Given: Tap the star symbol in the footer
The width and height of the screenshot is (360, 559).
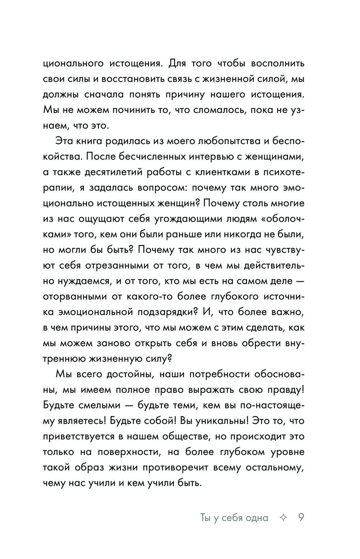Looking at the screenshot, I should pyautogui.click(x=283, y=518).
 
